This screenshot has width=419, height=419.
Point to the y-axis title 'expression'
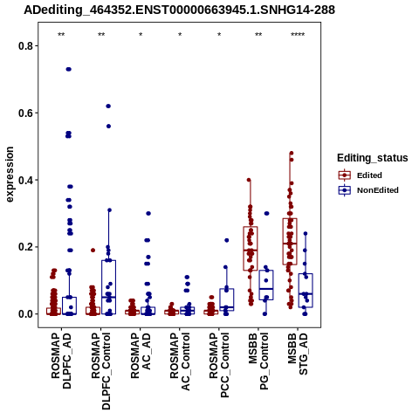pyautogui.click(x=10, y=175)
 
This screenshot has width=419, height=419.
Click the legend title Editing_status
pyautogui.click(x=373, y=158)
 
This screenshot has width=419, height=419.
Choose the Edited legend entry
pyautogui.click(x=369, y=175)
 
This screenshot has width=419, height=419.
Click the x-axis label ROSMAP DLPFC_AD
pyautogui.click(x=61, y=361)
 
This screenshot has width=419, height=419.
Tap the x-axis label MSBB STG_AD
pyautogui.click(x=298, y=354)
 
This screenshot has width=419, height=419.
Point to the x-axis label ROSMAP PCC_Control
pyautogui.click(x=219, y=365)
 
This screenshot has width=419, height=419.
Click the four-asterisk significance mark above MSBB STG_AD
pyautogui.click(x=298, y=35)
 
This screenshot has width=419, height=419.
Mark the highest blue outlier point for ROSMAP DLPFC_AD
pyautogui.click(x=69, y=69)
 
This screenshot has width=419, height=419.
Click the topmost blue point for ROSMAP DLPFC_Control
pyautogui.click(x=108, y=106)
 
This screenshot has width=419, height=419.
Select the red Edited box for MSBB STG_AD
pyautogui.click(x=290, y=242)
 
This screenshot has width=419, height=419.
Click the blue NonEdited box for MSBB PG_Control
pyautogui.click(x=266, y=285)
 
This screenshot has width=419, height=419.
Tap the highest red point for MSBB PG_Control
pyautogui.click(x=249, y=180)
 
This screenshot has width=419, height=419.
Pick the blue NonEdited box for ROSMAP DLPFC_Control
pyautogui.click(x=109, y=287)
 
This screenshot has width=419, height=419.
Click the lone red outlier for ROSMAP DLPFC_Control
pyautogui.click(x=93, y=251)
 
